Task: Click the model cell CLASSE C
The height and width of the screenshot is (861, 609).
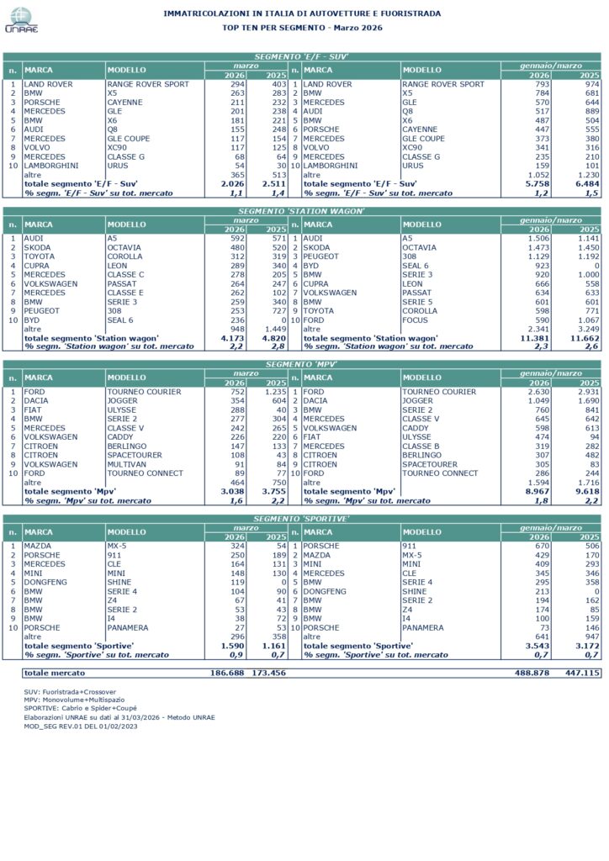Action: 125,275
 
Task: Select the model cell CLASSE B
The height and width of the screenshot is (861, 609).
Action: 421,446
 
